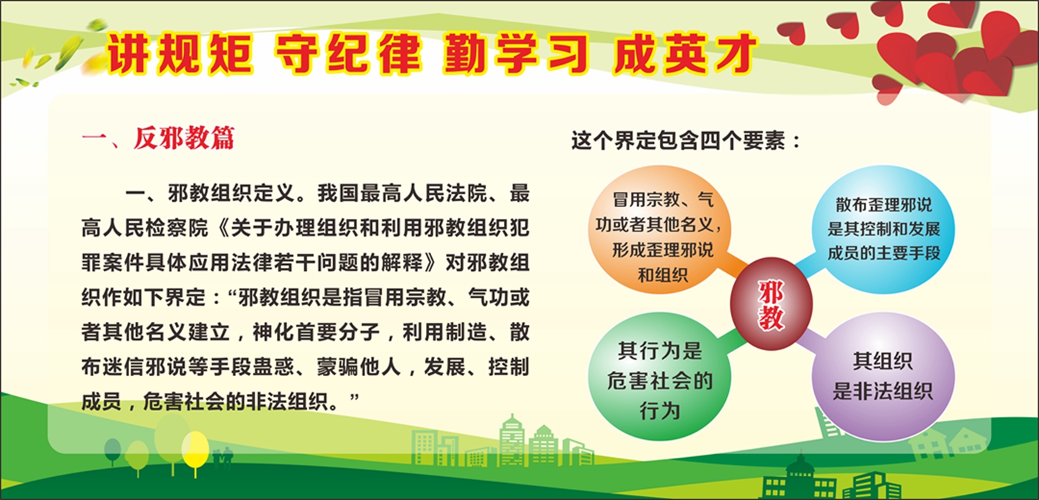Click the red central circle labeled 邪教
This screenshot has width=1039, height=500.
pyautogui.click(x=771, y=304)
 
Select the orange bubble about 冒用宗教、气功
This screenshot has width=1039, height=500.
pyautogui.click(x=660, y=229)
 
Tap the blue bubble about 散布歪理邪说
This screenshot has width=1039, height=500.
pyautogui.click(x=883, y=229)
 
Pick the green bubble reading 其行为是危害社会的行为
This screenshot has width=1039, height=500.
pyautogui.click(x=660, y=376)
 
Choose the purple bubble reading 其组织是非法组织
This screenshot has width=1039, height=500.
pyautogui.click(x=883, y=376)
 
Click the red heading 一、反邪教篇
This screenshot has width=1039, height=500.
pyautogui.click(x=158, y=138)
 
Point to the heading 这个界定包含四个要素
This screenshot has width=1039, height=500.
pyautogui.click(x=686, y=141)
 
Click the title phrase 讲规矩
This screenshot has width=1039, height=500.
pyautogui.click(x=180, y=54)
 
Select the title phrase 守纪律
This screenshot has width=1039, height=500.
pyautogui.click(x=348, y=54)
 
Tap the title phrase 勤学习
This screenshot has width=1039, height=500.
pyautogui.click(x=516, y=54)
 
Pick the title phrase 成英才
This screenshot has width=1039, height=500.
pyautogui.click(x=684, y=54)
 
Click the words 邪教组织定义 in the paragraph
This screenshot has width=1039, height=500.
pyautogui.click(x=232, y=194)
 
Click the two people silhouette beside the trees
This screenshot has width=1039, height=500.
pyautogui.click(x=223, y=458)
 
